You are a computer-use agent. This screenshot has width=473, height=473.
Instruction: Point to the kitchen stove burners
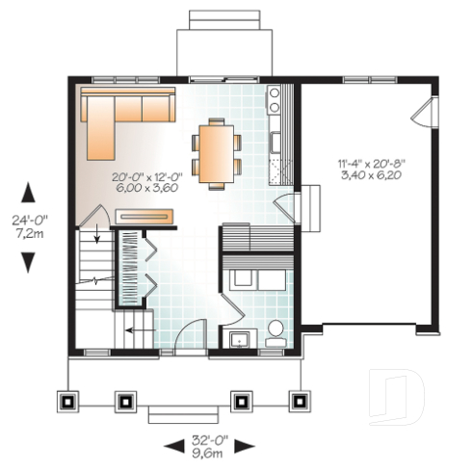pyautogui.click(x=274, y=96)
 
